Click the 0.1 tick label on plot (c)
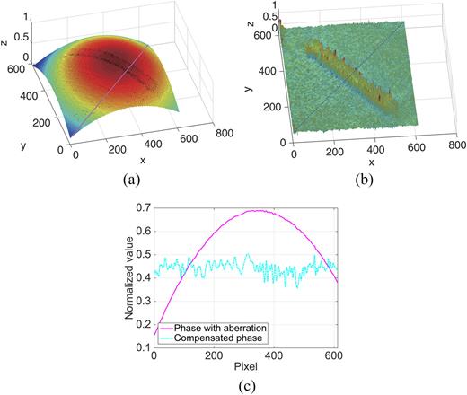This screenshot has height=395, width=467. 145,347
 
